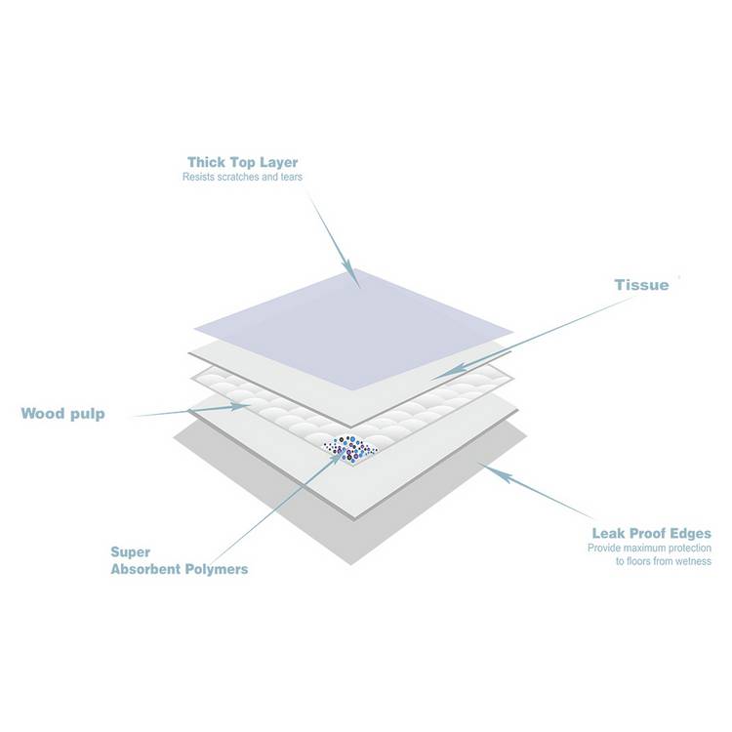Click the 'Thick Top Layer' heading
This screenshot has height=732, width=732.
[242, 162]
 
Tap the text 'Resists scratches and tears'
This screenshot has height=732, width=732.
[242, 177]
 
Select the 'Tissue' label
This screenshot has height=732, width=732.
[641, 285]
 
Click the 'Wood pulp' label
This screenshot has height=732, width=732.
[63, 414]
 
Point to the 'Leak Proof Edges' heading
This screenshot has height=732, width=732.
[652, 533]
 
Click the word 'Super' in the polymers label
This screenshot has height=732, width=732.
[130, 552]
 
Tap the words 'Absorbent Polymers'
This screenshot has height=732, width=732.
[180, 569]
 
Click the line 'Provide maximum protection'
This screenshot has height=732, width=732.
[649, 548]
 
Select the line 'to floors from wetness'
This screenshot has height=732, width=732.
[664, 561]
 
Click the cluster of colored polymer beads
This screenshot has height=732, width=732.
[350, 449]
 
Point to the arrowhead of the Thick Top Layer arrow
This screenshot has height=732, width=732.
[353, 278]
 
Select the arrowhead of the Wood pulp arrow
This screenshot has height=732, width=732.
[240, 407]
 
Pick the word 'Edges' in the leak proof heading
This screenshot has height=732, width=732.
[689, 534]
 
